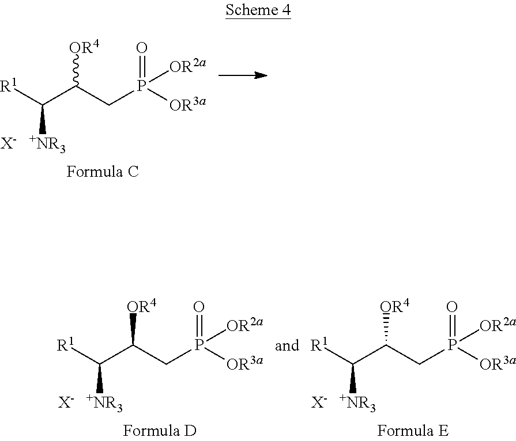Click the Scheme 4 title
tap(258, 10)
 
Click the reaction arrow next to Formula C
tap(243, 75)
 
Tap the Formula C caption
tap(103, 172)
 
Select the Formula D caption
tap(160, 431)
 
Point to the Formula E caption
tap(413, 431)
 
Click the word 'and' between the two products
tap(287, 345)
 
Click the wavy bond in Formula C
tap(76, 70)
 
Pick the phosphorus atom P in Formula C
tap(141, 86)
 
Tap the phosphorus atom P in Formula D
tap(198, 345)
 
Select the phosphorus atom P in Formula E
tap(451, 345)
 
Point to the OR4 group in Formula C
tap(84, 47)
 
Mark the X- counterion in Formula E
tap(319, 402)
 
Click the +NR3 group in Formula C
tap(47, 144)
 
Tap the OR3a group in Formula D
tap(245, 363)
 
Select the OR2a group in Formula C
tap(188, 66)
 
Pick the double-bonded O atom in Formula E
tap(452, 307)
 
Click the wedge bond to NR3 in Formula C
tap(43, 120)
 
